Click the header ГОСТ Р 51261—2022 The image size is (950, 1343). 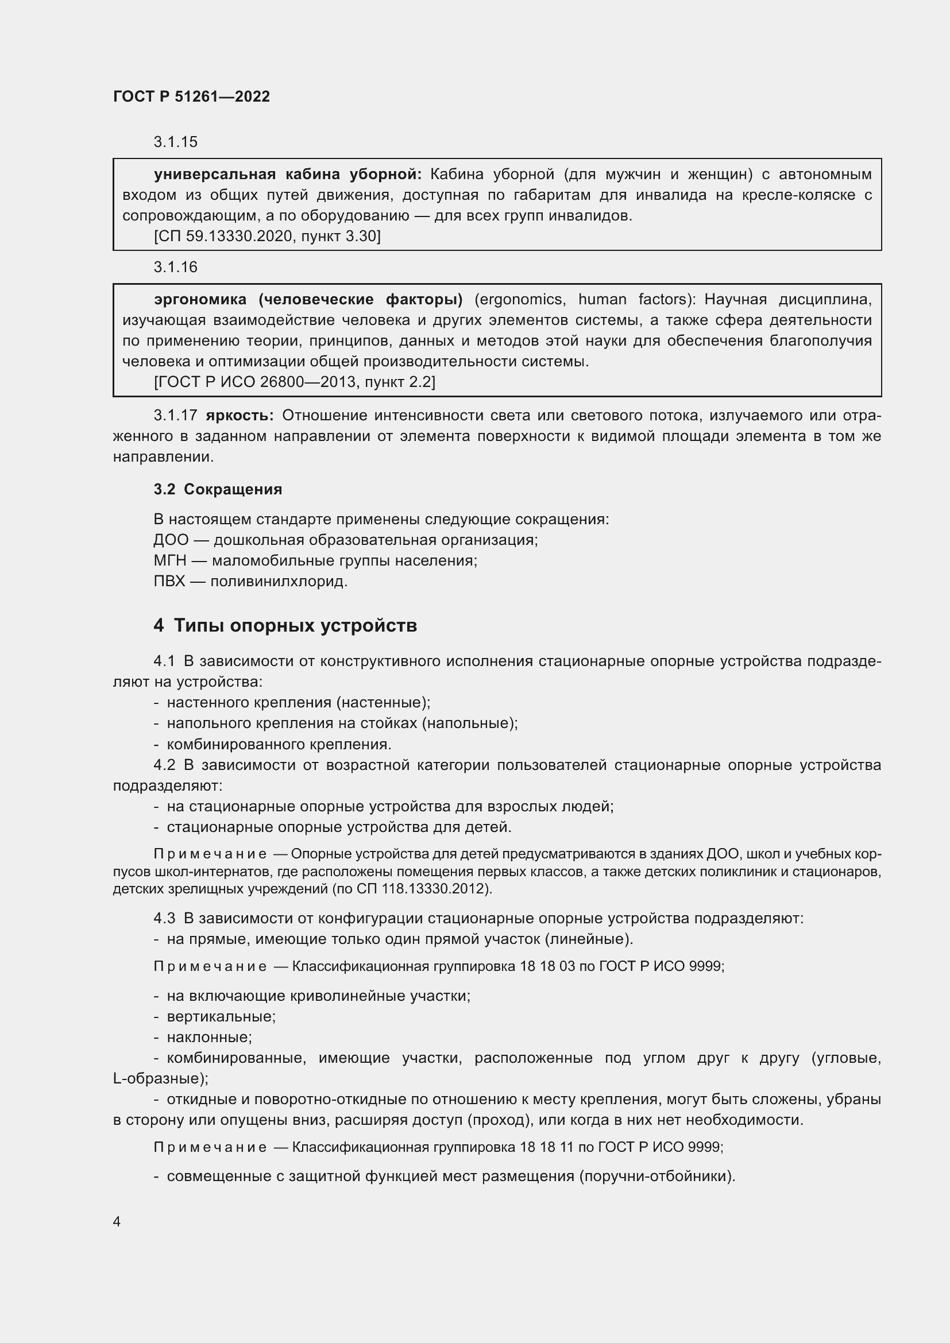tap(191, 96)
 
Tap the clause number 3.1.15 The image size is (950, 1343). tap(176, 142)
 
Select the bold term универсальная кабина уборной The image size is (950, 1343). tap(287, 175)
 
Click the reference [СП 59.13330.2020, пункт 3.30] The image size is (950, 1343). tap(267, 237)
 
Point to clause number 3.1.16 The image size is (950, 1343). tap(176, 268)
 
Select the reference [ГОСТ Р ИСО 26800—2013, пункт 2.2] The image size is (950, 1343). tap(294, 382)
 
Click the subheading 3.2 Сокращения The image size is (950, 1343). tap(218, 489)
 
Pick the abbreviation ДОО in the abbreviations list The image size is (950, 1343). tap(171, 539)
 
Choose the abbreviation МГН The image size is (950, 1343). tap(169, 560)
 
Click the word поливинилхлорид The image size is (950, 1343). tap(279, 582)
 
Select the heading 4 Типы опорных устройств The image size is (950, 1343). tap(285, 625)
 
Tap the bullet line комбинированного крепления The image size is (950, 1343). tap(279, 744)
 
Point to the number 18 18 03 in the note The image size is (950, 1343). tap(547, 966)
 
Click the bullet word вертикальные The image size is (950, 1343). tap(221, 1016)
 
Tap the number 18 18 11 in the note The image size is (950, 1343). tap(546, 1147)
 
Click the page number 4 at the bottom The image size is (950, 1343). tap(117, 1221)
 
